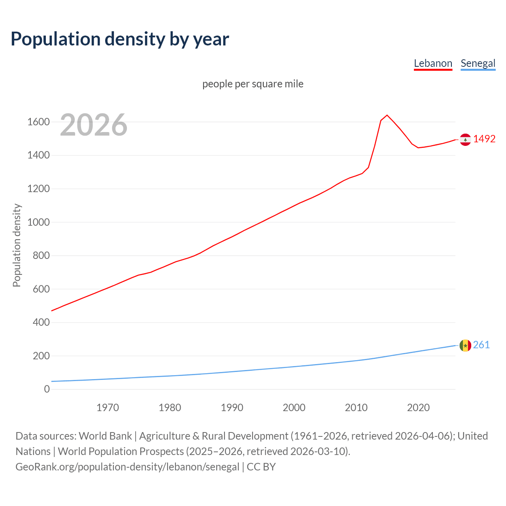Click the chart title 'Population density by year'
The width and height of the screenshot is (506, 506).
(x=120, y=39)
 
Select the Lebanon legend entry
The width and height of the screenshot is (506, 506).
(x=433, y=63)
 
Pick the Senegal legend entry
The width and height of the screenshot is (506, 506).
(x=478, y=63)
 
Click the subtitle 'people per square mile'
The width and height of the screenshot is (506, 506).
(x=253, y=84)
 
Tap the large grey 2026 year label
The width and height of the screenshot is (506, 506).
(x=94, y=125)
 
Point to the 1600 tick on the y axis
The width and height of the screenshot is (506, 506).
(x=38, y=122)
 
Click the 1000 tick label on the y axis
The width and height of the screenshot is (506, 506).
(x=38, y=222)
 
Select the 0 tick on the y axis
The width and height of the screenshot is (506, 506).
(x=47, y=389)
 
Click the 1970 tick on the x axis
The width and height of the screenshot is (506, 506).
(x=108, y=408)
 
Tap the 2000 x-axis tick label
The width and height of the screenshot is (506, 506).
(x=294, y=408)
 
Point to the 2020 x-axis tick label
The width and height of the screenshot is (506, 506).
(x=418, y=408)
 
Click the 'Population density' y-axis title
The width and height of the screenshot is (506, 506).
(x=17, y=245)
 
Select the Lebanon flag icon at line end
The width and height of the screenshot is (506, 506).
(x=465, y=140)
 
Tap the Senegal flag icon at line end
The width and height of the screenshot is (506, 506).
(x=465, y=346)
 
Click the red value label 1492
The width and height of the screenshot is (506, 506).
(x=484, y=139)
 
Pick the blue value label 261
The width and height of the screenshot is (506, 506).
(x=481, y=345)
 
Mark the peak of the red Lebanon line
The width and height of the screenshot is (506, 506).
(x=387, y=115)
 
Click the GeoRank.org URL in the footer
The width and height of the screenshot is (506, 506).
(x=127, y=466)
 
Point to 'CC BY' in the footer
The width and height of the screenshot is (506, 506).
(x=261, y=466)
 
